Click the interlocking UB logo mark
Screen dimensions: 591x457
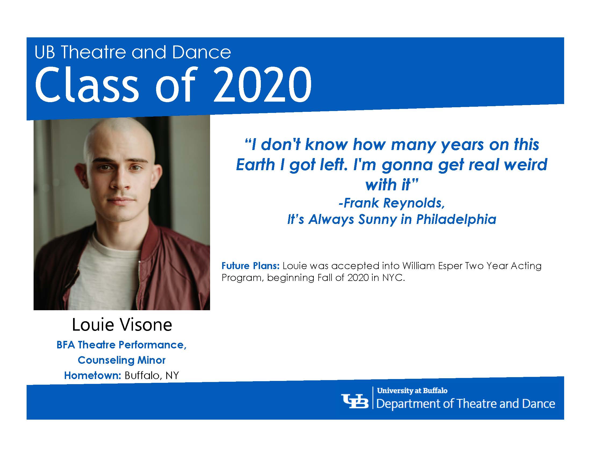point(355,401)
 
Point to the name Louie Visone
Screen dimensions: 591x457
point(122,325)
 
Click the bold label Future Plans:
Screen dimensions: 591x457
point(250,266)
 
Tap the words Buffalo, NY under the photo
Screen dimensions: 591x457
point(152,376)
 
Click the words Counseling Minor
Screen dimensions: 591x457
point(121,360)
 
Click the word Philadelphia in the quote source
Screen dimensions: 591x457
point(456,220)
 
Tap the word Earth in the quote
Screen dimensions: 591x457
point(255,164)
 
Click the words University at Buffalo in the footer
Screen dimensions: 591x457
point(412,391)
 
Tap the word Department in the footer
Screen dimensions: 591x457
point(413,404)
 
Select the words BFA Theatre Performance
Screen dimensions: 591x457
point(121,345)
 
